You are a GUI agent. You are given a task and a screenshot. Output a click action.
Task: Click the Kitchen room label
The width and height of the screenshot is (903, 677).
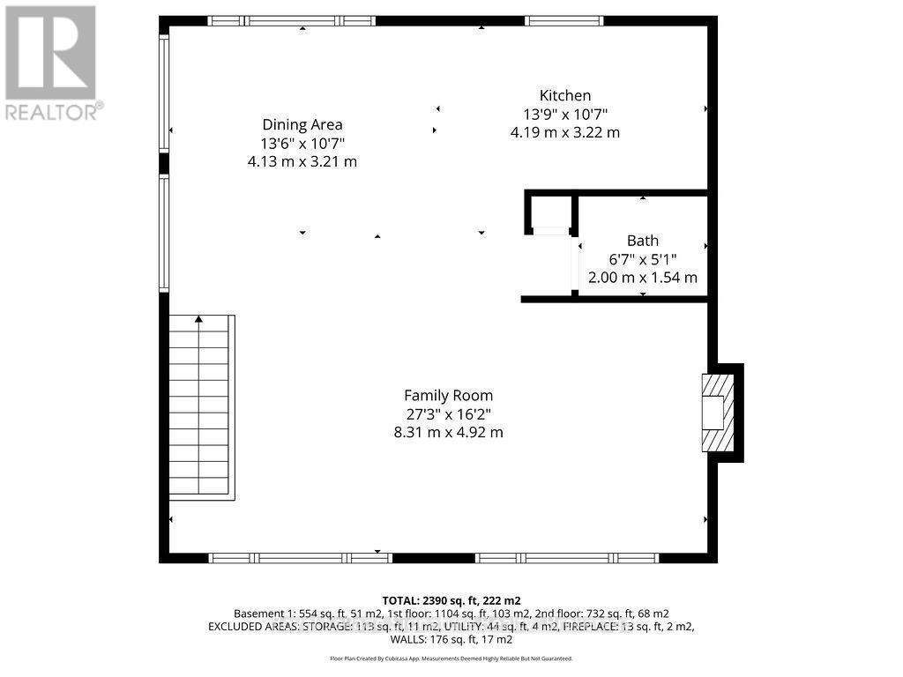pos(565,95)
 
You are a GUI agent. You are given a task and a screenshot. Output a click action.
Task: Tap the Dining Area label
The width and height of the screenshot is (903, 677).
pos(302,124)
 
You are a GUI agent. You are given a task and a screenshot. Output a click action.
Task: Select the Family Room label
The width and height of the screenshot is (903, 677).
pos(448,395)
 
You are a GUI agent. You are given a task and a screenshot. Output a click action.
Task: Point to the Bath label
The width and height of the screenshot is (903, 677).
pos(642,240)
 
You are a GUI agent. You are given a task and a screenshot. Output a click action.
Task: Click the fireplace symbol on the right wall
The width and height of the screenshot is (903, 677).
pos(716,413)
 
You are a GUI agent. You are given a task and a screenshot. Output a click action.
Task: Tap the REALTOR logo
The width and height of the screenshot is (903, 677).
pos(51,62)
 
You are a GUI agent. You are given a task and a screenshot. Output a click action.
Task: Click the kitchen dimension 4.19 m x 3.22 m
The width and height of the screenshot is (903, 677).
pos(565,132)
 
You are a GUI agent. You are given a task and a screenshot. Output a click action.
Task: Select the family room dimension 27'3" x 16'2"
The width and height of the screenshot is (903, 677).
pos(448,413)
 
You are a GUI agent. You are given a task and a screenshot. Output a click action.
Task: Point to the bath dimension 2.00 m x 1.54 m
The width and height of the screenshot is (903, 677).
pos(642,277)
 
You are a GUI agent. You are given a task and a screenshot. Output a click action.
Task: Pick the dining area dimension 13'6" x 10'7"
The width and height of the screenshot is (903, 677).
pos(302,143)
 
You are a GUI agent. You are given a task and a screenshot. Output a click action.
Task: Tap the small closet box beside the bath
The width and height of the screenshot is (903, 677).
pos(551,212)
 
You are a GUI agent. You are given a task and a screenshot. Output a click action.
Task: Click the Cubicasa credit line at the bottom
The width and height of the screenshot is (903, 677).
pos(451,658)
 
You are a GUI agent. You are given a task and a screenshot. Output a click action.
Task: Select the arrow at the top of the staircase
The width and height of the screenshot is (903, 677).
pos(199,318)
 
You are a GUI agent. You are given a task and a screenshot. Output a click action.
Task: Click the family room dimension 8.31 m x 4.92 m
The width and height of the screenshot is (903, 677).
pos(448,432)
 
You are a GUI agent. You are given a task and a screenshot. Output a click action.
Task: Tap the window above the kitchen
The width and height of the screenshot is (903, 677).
pos(564,20)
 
